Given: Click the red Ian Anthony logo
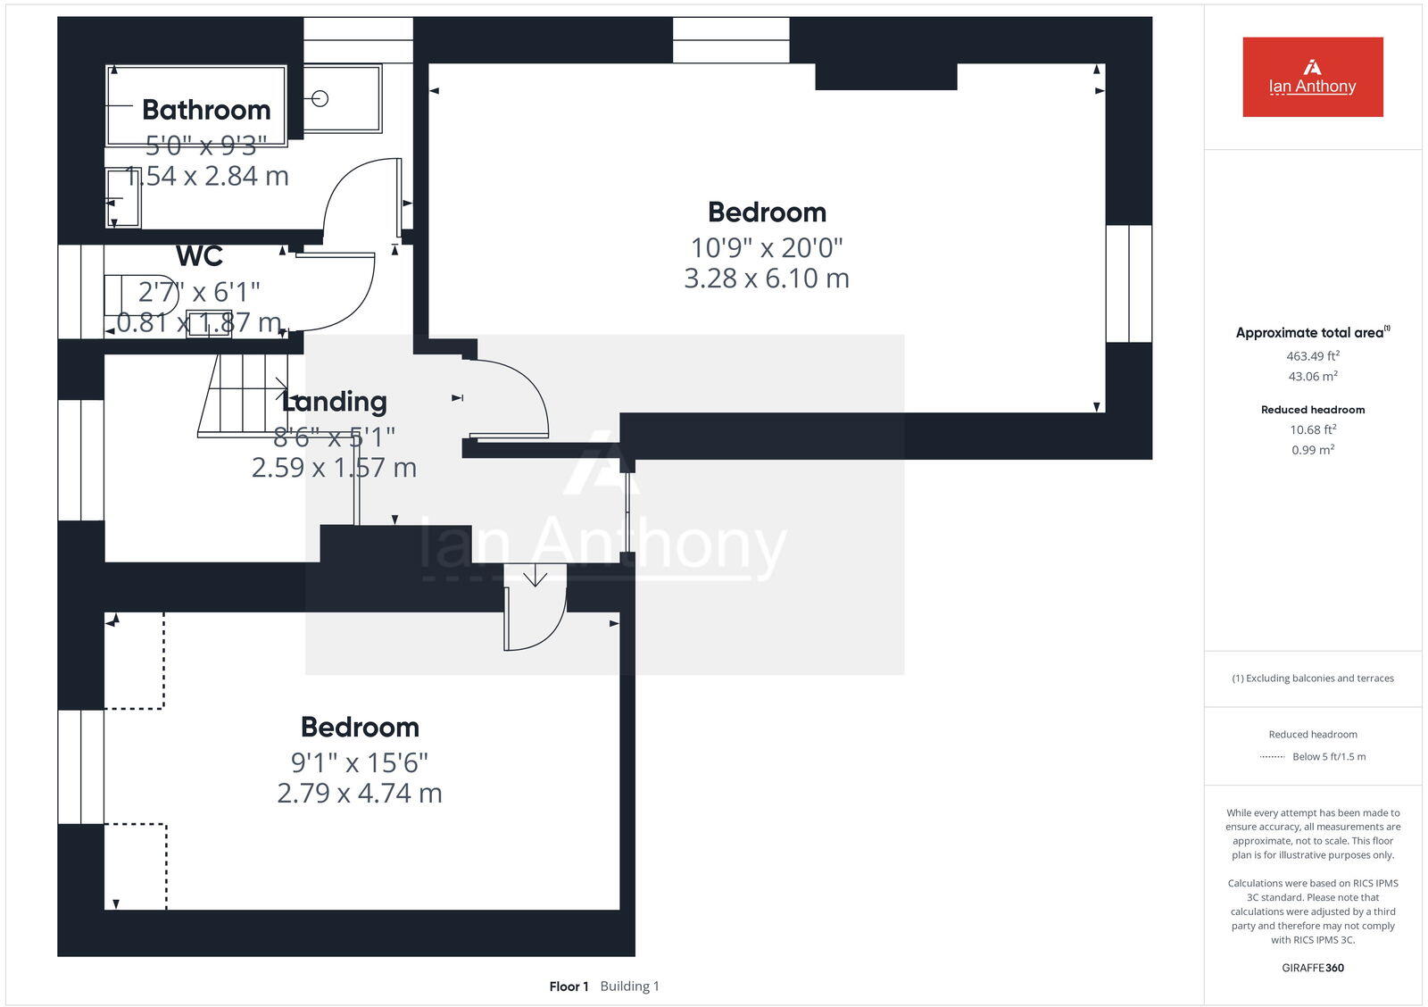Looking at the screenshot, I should [1312, 77].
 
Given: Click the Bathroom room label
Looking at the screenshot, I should [206, 110].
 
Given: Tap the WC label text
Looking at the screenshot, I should [199, 256].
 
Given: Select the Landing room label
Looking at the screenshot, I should [335, 402].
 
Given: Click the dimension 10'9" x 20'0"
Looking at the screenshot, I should [766, 247].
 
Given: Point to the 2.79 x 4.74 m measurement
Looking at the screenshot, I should [360, 793].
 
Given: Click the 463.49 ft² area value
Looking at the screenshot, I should [1312, 355].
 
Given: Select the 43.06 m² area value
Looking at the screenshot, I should [1312, 376].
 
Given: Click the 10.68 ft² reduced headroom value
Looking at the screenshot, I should [1312, 429].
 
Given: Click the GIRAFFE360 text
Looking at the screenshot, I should [1312, 968].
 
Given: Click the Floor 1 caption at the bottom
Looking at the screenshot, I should [569, 986].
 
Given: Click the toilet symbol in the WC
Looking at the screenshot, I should [138, 295].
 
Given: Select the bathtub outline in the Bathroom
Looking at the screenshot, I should [196, 105].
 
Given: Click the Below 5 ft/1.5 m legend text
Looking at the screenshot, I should [1328, 757].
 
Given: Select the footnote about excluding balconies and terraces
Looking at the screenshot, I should [1312, 678].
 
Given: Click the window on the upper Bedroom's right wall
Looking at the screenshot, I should [1128, 284].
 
